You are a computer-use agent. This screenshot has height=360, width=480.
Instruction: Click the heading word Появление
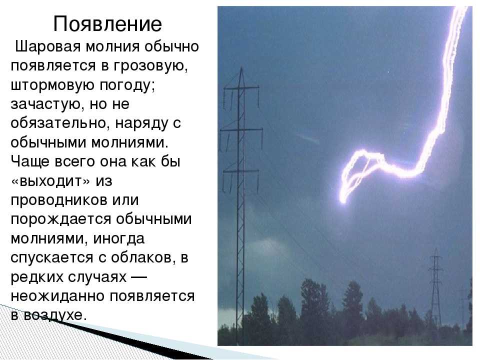click(107, 23)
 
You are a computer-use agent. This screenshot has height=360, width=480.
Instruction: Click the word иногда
click(118, 238)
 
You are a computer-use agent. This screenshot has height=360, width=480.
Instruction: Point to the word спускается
click(51, 258)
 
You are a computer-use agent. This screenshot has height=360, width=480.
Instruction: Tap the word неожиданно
click(58, 296)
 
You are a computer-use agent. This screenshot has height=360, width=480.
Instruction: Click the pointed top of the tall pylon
click(241, 68)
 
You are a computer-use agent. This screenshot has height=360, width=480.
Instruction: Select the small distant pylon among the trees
click(435, 288)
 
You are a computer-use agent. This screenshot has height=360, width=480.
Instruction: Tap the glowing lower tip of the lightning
click(342, 200)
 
